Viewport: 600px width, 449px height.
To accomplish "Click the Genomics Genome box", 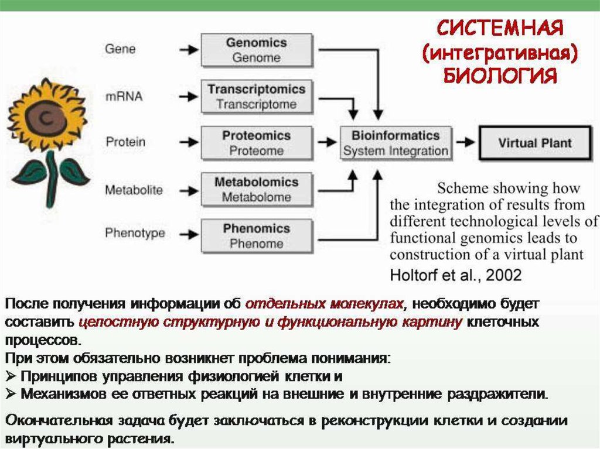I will coord(256,50).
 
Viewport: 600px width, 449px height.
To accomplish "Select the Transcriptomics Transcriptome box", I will coord(256,97).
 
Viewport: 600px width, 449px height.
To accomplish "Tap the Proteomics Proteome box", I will coord(256,143).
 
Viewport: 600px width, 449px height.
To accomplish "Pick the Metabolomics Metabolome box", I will coord(256,190).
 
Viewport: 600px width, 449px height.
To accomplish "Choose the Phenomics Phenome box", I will coord(256,236).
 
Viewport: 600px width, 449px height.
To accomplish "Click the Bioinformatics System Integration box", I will coord(396,143).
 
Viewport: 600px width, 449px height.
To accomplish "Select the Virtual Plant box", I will coord(534,143).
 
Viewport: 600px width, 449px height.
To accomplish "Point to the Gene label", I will coord(120,49).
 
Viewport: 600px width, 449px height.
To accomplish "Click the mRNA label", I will coord(124,96).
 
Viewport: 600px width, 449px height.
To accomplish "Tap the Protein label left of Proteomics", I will coord(125,142).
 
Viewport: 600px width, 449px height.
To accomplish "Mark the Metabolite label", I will coord(134,190).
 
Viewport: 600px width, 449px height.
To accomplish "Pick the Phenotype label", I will coord(135,233).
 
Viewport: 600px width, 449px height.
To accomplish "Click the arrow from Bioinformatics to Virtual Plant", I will coord(465,142).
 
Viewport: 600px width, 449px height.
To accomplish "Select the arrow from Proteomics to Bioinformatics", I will coord(325,142).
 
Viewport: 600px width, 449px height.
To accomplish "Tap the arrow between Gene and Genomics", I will coord(188,50).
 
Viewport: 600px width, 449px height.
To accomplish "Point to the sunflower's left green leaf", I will coord(29,172).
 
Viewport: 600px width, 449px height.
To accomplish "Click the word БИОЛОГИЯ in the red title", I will coord(498,76).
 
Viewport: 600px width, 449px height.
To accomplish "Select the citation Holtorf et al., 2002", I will coord(455,274).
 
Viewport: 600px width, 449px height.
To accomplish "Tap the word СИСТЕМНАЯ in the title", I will coord(501,28).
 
